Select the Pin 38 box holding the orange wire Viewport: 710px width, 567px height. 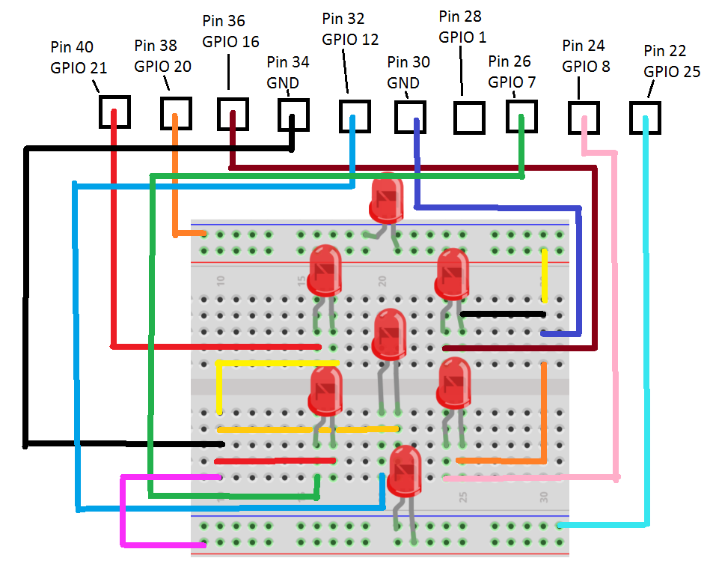click(176, 113)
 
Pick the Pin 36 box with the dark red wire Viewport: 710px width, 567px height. click(233, 113)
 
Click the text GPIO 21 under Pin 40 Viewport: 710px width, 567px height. click(79, 67)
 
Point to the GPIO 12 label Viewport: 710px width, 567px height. click(350, 40)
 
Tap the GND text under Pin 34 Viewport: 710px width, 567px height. click(283, 82)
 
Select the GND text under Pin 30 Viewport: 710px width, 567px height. click(403, 83)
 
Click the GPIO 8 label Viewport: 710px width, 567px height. click(586, 66)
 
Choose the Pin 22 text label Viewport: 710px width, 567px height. click(664, 51)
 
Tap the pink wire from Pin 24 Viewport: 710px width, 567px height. click(616, 315)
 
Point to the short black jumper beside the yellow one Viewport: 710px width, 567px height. click(502, 314)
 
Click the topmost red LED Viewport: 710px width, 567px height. click(387, 196)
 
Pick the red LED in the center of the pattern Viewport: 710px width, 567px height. click(389, 333)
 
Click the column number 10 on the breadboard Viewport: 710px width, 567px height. click(220, 281)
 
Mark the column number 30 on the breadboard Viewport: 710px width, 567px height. click(544, 497)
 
